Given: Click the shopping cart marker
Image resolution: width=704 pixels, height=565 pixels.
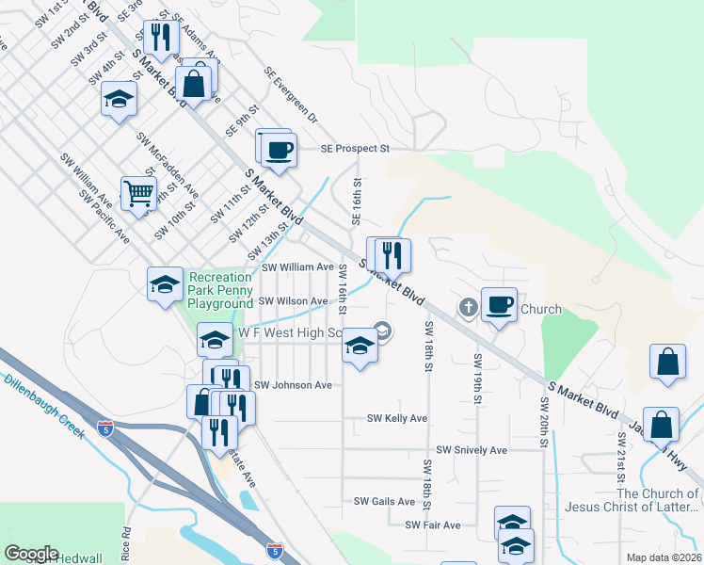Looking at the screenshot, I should (x=138, y=194).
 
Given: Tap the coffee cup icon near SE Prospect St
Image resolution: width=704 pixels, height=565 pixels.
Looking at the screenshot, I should (x=278, y=150).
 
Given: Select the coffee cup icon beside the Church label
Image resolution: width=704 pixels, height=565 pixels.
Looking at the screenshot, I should (x=500, y=305).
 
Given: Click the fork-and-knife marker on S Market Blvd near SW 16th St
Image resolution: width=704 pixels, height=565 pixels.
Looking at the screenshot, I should (x=392, y=254).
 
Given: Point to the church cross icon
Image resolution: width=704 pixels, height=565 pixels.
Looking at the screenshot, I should (x=468, y=307).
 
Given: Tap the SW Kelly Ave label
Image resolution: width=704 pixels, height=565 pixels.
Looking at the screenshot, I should (x=397, y=418).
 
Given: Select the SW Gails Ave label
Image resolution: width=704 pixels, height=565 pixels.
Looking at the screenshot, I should (x=378, y=502).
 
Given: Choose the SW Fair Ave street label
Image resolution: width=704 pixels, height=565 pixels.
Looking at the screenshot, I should (x=432, y=525).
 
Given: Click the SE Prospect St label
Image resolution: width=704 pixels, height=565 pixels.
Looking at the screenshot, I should (x=355, y=149).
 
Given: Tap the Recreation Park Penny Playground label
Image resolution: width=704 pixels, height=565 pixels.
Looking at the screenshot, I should (x=220, y=290).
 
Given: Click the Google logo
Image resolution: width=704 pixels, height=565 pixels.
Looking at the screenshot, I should (x=32, y=554).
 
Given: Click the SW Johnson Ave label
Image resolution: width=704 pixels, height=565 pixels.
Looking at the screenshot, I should (x=294, y=385).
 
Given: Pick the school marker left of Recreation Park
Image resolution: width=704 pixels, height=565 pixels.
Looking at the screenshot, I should (x=165, y=284).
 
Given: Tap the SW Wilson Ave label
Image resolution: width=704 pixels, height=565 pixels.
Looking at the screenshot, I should (x=293, y=301).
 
